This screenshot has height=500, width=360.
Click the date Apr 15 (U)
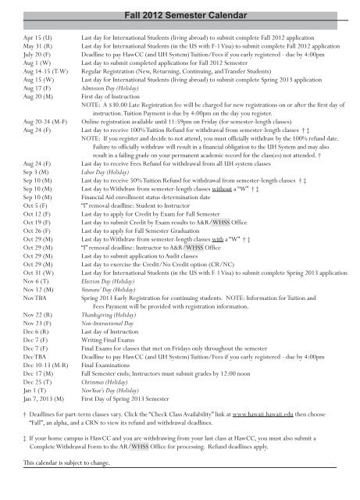(x=28, y=37)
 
